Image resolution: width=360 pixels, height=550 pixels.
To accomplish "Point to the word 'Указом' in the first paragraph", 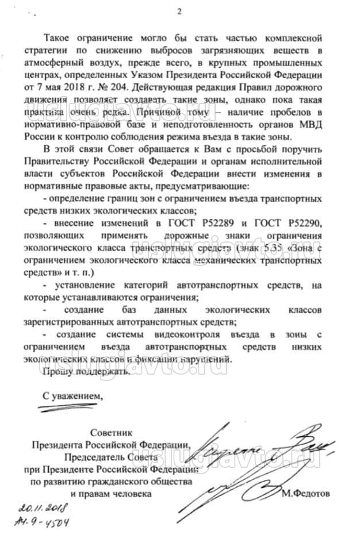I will pos(164,74).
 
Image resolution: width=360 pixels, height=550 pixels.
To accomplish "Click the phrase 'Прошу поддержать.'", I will pos(86,371).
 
